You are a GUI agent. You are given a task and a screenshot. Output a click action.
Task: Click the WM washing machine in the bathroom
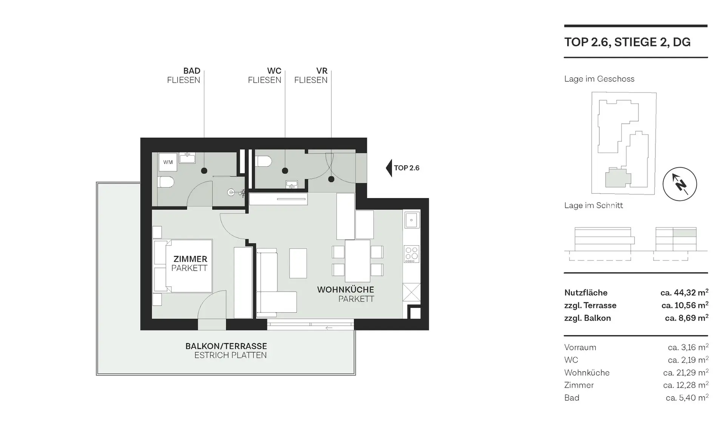pyautogui.click(x=168, y=162)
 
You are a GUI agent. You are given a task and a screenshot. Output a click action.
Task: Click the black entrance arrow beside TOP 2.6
pyautogui.click(x=389, y=168)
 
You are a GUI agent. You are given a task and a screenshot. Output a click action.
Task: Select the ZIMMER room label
pyautogui.click(x=190, y=259)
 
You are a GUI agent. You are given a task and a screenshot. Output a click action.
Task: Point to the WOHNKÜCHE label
pyautogui.click(x=346, y=290)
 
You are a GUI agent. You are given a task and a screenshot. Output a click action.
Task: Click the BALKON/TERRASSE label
pyautogui.click(x=226, y=346)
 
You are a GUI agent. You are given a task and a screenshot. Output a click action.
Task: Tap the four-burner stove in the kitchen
pyautogui.click(x=412, y=254)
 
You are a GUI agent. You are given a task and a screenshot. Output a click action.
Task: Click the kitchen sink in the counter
pyautogui.click(x=412, y=220)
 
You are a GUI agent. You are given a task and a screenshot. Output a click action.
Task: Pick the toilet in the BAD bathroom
pyautogui.click(x=166, y=182)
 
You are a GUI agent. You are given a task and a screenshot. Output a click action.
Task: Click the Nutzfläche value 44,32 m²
pyautogui.click(x=684, y=293)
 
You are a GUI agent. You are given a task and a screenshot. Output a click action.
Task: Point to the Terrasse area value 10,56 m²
pyautogui.click(x=685, y=305)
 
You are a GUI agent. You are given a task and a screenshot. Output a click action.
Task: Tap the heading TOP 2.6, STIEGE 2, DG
pyautogui.click(x=627, y=42)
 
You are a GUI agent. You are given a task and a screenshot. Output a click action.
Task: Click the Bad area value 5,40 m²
pyautogui.click(x=687, y=398)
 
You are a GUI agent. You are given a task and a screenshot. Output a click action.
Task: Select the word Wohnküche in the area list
pyautogui.click(x=587, y=373)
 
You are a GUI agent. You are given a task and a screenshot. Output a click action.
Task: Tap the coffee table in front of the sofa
pyautogui.click(x=298, y=263)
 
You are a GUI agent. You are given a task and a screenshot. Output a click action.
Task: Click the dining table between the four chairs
pyautogui.click(x=358, y=261)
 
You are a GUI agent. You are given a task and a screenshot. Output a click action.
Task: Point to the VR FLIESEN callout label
pyautogui.click(x=311, y=75)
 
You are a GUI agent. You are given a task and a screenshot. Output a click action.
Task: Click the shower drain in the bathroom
pyautogui.click(x=231, y=192)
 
